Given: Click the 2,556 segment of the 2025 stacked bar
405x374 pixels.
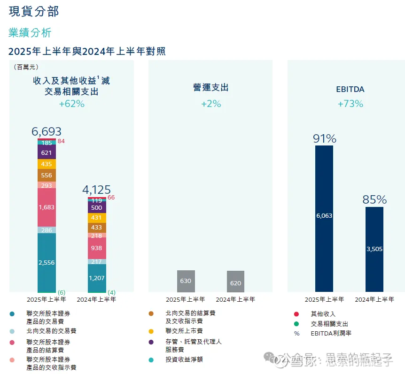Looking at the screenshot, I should (x=47, y=262).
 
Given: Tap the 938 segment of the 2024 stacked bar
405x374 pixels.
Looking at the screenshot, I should (x=97, y=248).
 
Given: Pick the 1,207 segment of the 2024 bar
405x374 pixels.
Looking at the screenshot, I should (x=97, y=278).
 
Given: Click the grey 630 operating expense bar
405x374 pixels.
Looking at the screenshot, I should (x=186, y=282).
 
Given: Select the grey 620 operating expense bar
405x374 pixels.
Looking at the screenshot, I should (x=235, y=282).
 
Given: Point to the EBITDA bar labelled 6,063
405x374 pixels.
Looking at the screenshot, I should (x=324, y=216).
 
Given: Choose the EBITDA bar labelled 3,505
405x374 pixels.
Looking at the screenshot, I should (x=374, y=249).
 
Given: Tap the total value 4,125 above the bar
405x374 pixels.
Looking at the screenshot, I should (x=96, y=190).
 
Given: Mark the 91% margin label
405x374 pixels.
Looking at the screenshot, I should (x=325, y=138).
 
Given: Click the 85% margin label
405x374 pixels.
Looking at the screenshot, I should (x=374, y=199).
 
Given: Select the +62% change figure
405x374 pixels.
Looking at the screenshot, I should (x=71, y=104).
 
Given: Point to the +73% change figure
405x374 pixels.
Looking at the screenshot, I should (x=350, y=104).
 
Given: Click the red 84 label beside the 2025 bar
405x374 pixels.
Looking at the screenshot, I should (x=61, y=141).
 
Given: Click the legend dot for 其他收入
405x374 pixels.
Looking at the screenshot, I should (x=296, y=313).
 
